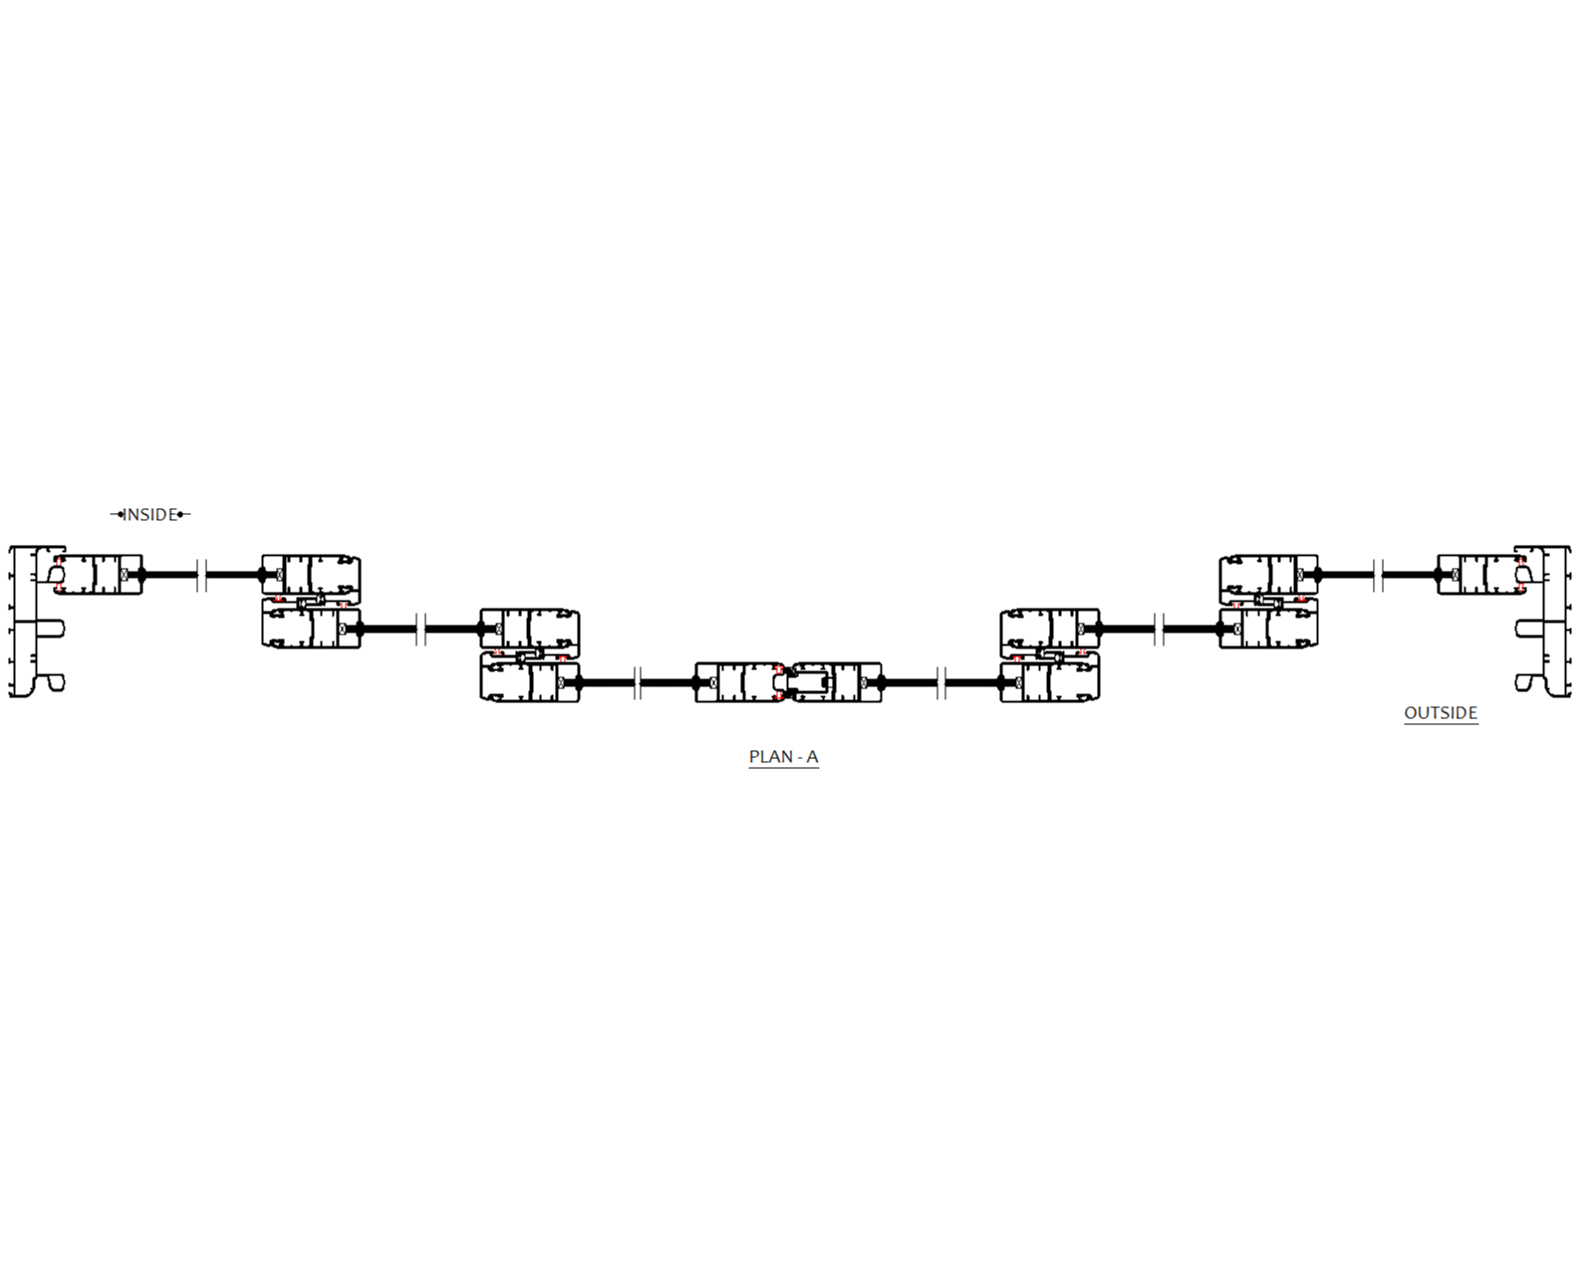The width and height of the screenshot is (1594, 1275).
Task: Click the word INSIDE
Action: (149, 514)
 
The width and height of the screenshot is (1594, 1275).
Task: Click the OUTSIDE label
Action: (1440, 712)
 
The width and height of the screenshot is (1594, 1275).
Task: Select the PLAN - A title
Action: (783, 756)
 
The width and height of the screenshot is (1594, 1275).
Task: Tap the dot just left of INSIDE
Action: (121, 514)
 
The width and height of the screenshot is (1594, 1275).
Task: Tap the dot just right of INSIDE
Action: (180, 514)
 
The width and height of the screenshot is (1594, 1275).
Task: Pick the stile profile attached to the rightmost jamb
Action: (1481, 575)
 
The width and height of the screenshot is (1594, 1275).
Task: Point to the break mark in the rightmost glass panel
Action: (1378, 575)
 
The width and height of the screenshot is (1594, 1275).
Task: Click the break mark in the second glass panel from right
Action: (1159, 629)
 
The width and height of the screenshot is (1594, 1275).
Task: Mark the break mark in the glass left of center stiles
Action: (638, 682)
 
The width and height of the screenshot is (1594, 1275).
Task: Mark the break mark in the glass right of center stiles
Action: (941, 682)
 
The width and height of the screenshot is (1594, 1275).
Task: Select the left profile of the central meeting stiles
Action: (737, 682)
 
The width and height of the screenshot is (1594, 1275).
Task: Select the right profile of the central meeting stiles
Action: (837, 682)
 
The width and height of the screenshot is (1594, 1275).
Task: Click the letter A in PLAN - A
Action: (812, 756)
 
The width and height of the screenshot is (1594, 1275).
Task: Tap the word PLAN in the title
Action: (770, 756)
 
